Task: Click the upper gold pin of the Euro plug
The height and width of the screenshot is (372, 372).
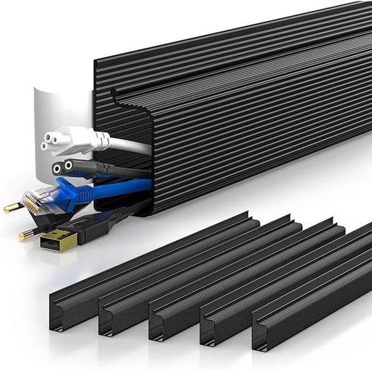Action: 13,208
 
